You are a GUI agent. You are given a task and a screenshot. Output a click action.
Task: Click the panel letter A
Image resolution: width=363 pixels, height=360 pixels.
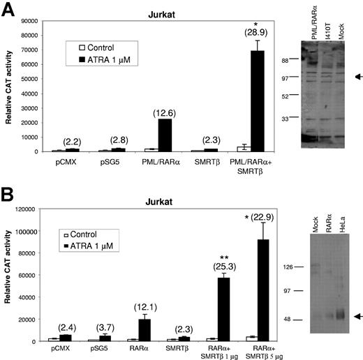click(10, 10)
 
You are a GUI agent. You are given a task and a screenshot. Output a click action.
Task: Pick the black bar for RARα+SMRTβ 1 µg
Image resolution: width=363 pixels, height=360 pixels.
click(222, 309)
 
